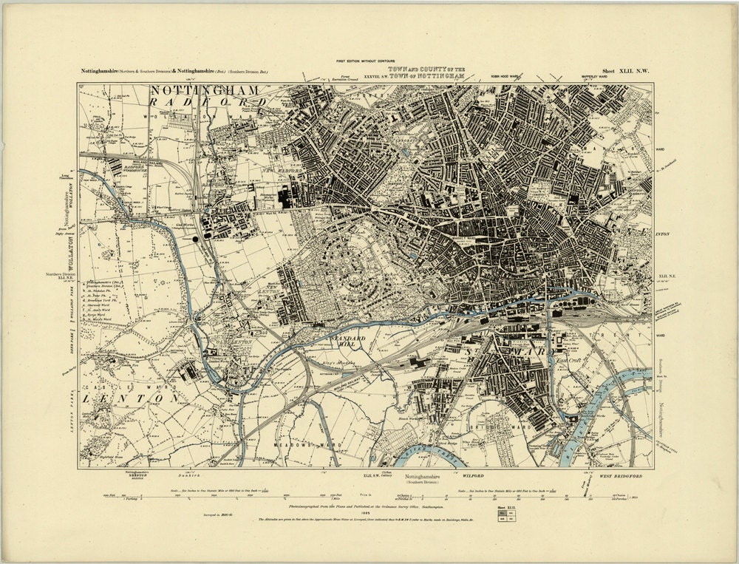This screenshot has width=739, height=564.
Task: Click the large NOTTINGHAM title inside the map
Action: click(205, 90)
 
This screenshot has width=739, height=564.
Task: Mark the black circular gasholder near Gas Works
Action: click(194, 239)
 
